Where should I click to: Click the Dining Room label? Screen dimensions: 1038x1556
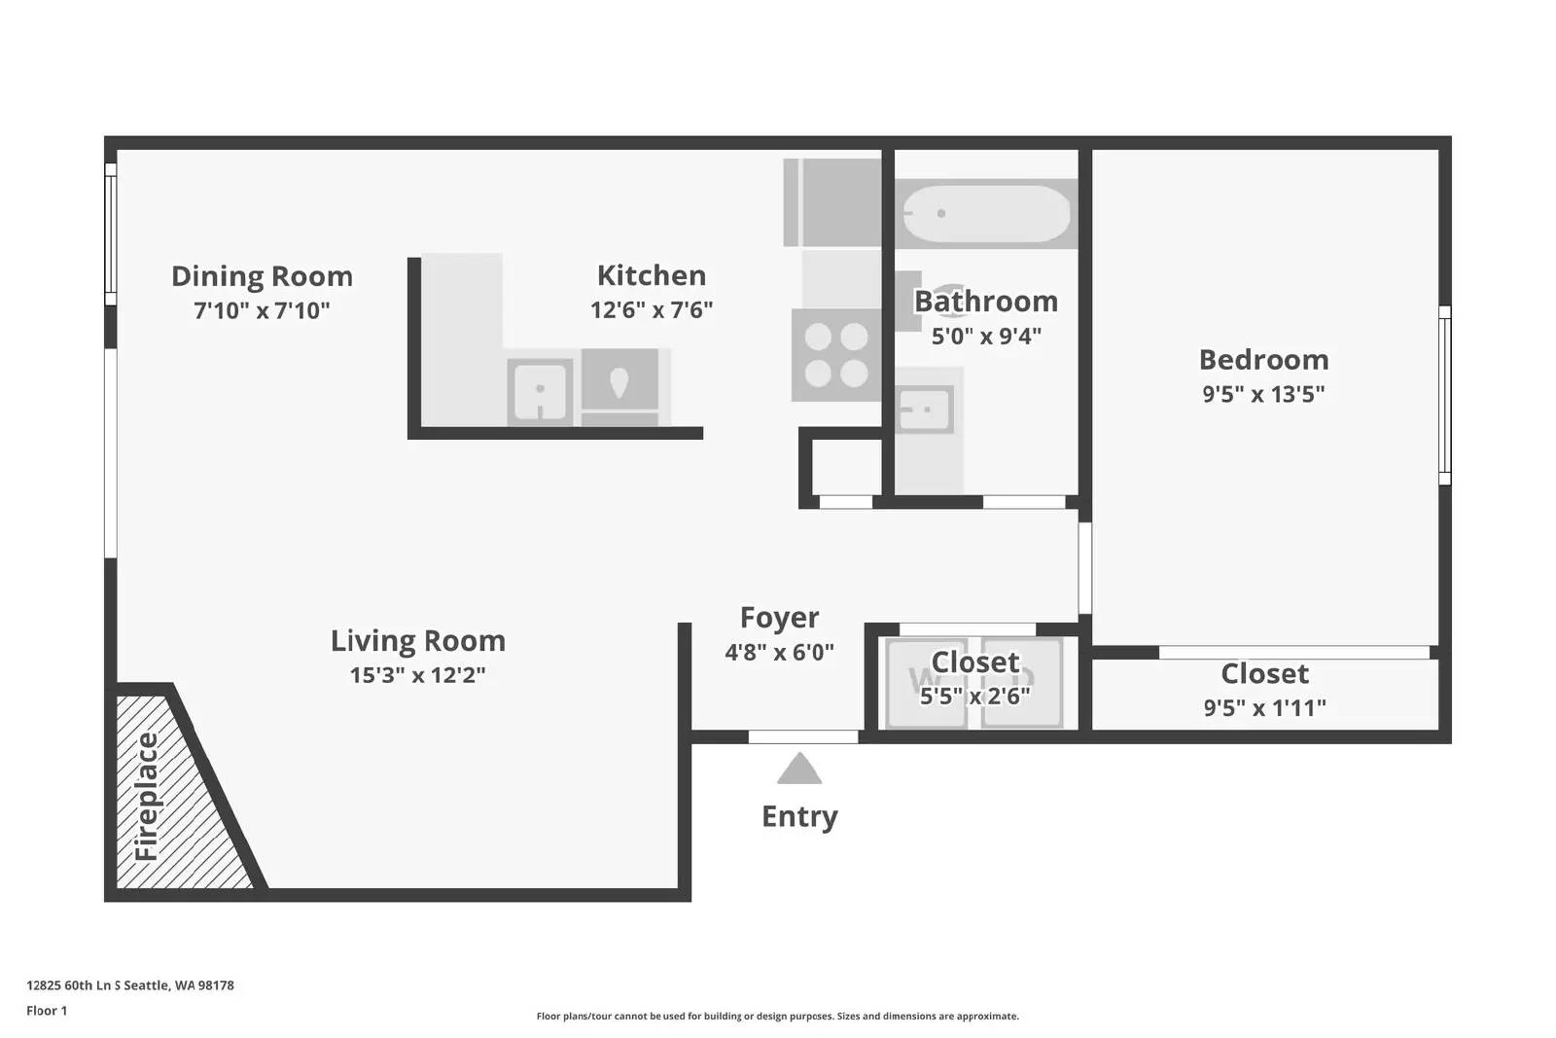[262, 276]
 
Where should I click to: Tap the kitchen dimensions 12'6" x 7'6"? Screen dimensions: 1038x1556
[651, 310]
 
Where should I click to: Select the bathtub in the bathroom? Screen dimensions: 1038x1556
[986, 213]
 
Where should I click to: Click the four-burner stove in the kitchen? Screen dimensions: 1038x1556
[835, 354]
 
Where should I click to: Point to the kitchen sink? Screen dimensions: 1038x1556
[540, 391]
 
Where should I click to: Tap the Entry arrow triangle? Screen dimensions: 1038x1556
[799, 770]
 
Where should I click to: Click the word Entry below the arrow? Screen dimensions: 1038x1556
[799, 816]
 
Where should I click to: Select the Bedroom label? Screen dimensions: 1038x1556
[1263, 360]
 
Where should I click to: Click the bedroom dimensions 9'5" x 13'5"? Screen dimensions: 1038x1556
[1263, 394]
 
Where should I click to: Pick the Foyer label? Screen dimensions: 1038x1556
[779, 618]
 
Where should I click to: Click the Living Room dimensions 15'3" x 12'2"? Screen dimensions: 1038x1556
[417, 675]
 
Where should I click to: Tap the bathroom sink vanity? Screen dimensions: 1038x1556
[925, 410]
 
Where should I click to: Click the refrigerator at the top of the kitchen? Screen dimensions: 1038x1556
[831, 202]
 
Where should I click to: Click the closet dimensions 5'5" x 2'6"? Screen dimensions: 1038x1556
[974, 697]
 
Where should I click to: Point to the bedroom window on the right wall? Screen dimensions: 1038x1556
[1444, 395]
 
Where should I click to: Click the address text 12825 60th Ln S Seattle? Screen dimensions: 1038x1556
[129, 984]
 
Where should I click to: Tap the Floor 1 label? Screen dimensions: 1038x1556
[47, 1011]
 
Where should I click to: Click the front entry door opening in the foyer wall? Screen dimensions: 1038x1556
[802, 736]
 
